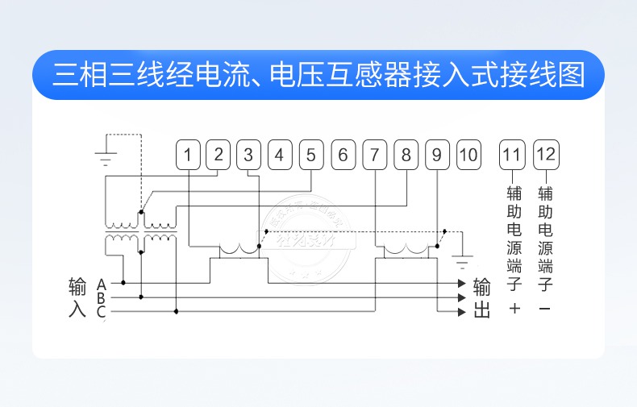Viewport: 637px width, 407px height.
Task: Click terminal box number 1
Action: pyautogui.click(x=188, y=155)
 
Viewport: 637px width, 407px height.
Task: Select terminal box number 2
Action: pyautogui.click(x=218, y=155)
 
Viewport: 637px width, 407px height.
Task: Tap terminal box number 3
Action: pyautogui.click(x=248, y=155)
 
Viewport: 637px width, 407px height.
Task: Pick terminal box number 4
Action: pyautogui.click(x=279, y=155)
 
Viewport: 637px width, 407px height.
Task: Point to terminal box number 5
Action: pyautogui.click(x=310, y=155)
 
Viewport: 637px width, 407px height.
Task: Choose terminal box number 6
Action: pyautogui.click(x=343, y=155)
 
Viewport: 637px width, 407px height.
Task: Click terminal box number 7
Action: pyautogui.click(x=374, y=155)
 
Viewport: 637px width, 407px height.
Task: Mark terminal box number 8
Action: pyautogui.click(x=406, y=155)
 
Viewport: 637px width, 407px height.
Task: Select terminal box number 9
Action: pyautogui.click(x=436, y=155)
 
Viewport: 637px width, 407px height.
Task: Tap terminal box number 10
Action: pyautogui.click(x=468, y=155)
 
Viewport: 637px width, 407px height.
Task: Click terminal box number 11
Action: pyautogui.click(x=512, y=155)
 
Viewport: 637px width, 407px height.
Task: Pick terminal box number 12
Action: pyautogui.click(x=546, y=155)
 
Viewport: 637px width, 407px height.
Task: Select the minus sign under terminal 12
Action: pyautogui.click(x=545, y=309)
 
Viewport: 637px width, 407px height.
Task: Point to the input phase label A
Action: pyautogui.click(x=102, y=284)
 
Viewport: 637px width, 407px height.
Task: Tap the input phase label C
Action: pyautogui.click(x=102, y=311)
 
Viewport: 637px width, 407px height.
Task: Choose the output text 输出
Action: pyautogui.click(x=481, y=298)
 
